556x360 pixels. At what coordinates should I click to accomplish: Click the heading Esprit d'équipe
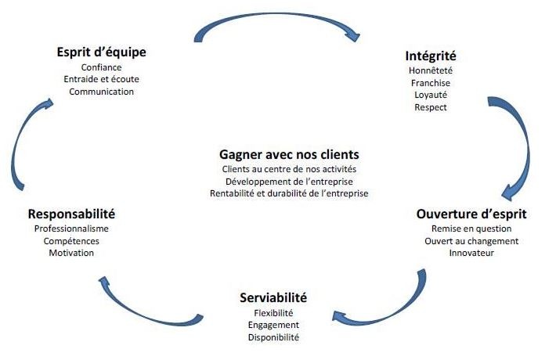[x=102, y=52]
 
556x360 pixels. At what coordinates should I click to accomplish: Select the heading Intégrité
[x=431, y=56]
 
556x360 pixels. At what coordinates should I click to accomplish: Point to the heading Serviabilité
[x=273, y=298]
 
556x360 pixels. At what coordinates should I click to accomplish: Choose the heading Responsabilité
[x=71, y=214]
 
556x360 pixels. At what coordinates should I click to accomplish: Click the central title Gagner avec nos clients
[x=289, y=154]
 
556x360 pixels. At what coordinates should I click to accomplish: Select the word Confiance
[x=102, y=67]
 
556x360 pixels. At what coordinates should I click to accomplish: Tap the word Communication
[x=102, y=92]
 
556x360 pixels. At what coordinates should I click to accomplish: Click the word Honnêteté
[x=431, y=70]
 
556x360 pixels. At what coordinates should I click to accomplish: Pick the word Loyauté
[x=431, y=95]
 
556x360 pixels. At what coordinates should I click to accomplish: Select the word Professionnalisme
[x=71, y=229]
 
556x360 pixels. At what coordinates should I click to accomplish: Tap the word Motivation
[x=71, y=253]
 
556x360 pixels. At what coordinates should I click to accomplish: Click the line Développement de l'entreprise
[x=289, y=181]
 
